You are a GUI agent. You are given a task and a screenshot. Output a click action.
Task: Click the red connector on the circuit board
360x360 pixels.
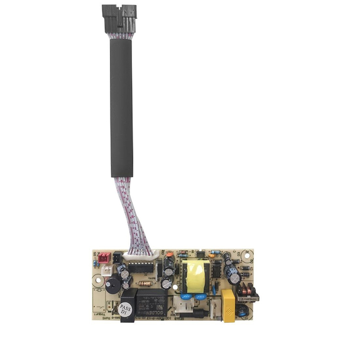coord(104,258)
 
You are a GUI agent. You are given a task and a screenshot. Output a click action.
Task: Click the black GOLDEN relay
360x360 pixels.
coord(150,300)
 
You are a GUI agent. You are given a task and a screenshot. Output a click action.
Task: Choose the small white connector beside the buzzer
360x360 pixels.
coord(107,270)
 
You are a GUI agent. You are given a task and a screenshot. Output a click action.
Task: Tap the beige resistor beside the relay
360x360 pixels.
coord(146,284)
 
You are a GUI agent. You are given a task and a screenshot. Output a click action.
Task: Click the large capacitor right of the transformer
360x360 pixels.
coord(232,274)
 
